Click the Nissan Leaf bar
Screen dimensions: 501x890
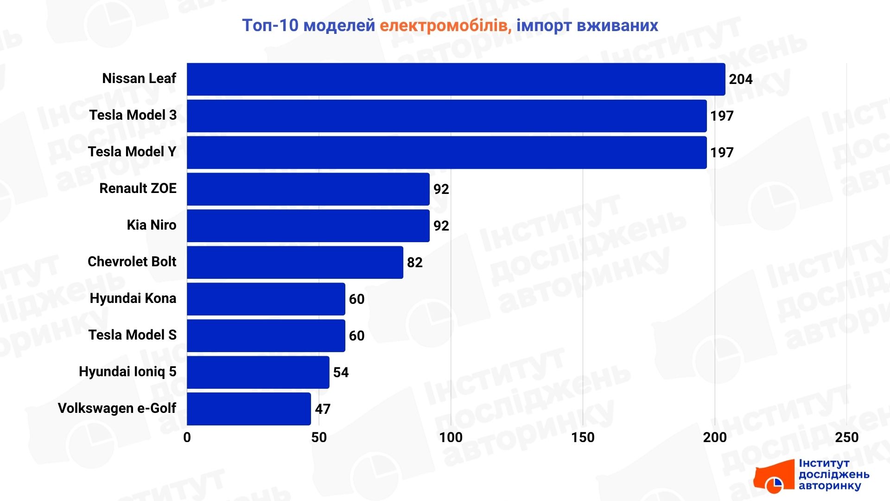[x=456, y=79]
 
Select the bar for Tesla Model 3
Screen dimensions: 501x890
[x=446, y=116]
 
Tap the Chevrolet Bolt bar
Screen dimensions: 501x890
[x=295, y=263]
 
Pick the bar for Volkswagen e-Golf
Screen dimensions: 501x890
[x=248, y=409]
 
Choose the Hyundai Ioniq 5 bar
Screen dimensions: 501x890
[x=258, y=373]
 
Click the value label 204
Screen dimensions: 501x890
[x=740, y=79]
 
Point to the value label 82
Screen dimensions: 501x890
[x=414, y=263]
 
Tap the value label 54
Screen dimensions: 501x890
[x=341, y=373]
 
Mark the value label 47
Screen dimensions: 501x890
[x=323, y=409]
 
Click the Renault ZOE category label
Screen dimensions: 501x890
[x=138, y=188]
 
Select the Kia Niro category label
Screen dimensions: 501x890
[x=151, y=225]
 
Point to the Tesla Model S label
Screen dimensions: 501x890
[x=132, y=335]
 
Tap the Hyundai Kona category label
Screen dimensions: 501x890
[x=133, y=298]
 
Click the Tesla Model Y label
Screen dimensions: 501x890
[x=132, y=152]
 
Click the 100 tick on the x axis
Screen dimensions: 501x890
[x=451, y=437]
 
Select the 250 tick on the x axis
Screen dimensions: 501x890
[x=846, y=437]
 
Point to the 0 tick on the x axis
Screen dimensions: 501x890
[x=187, y=437]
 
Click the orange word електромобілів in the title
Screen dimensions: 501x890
[x=445, y=26]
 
